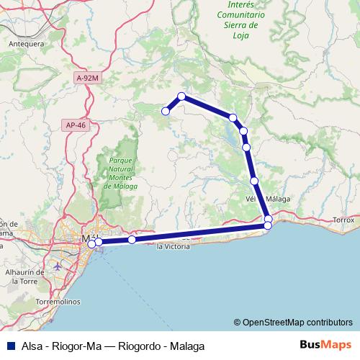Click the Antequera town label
pyautogui.click(x=27, y=43)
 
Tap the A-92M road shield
pyautogui.click(x=86, y=77)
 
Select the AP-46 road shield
pyautogui.click(x=75, y=125)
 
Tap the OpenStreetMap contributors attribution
pyautogui.click(x=293, y=323)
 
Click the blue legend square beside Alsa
pyautogui.click(x=7, y=346)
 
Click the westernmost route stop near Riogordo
pyautogui.click(x=166, y=111)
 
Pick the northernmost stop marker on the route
pyautogui.click(x=182, y=96)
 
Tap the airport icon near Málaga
pyautogui.click(x=58, y=266)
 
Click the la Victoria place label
pyautogui.click(x=174, y=246)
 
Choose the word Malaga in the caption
pyautogui.click(x=186, y=346)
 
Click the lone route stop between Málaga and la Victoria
pyautogui.click(x=132, y=240)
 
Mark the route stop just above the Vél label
pyautogui.click(x=254, y=181)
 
